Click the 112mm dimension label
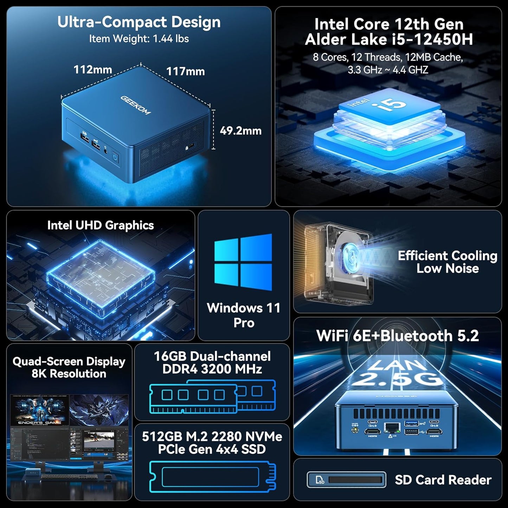coord(92,70)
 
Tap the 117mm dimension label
coord(185,71)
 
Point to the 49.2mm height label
coord(240,131)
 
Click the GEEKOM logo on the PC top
coord(136,105)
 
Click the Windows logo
coord(243,262)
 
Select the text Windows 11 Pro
coord(244,315)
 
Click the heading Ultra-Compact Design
coord(139,22)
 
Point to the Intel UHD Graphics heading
coord(101,225)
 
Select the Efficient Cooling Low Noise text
coord(447,262)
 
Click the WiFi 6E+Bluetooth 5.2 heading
coord(397,336)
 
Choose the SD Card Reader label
coord(443,480)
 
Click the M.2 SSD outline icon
coord(212,476)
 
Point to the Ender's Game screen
coord(39,411)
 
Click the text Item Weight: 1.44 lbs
coord(139,39)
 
